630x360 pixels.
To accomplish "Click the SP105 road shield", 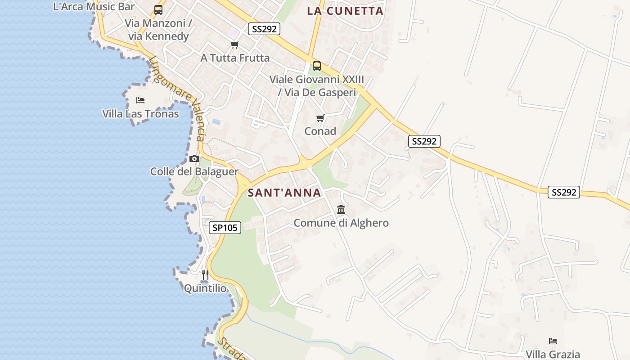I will coord(225,228).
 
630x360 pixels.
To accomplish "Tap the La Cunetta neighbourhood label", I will coord(345,11).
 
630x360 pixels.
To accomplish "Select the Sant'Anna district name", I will coord(284,193).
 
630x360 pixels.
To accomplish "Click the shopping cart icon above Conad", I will coord(320,118).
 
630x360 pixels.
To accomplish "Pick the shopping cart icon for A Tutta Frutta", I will coord(234,45).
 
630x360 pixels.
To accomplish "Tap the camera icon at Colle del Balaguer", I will coord(194,158).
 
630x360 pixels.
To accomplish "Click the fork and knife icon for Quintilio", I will coord(205,274).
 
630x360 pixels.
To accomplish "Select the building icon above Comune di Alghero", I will coord(341,210).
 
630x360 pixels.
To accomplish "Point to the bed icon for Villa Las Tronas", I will coord(140,100).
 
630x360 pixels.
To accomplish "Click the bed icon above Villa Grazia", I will coord(553,341).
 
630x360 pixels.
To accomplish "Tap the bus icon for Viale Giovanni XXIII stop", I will coord(317,66).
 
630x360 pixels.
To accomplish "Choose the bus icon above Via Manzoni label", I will coord(158,10).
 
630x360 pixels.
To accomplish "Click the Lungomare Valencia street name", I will coord(179,98).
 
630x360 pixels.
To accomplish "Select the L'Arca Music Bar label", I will coord(94,6).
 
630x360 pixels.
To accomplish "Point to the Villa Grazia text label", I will coord(553,355).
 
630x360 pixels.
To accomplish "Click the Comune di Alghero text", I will coord(341,223).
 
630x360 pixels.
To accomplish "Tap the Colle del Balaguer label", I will coord(194,171).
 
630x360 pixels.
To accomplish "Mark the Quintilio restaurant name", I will coord(205,288).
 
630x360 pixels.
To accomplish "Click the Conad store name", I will coord(320,131).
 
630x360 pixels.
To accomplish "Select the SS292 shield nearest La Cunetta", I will coord(264,29).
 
